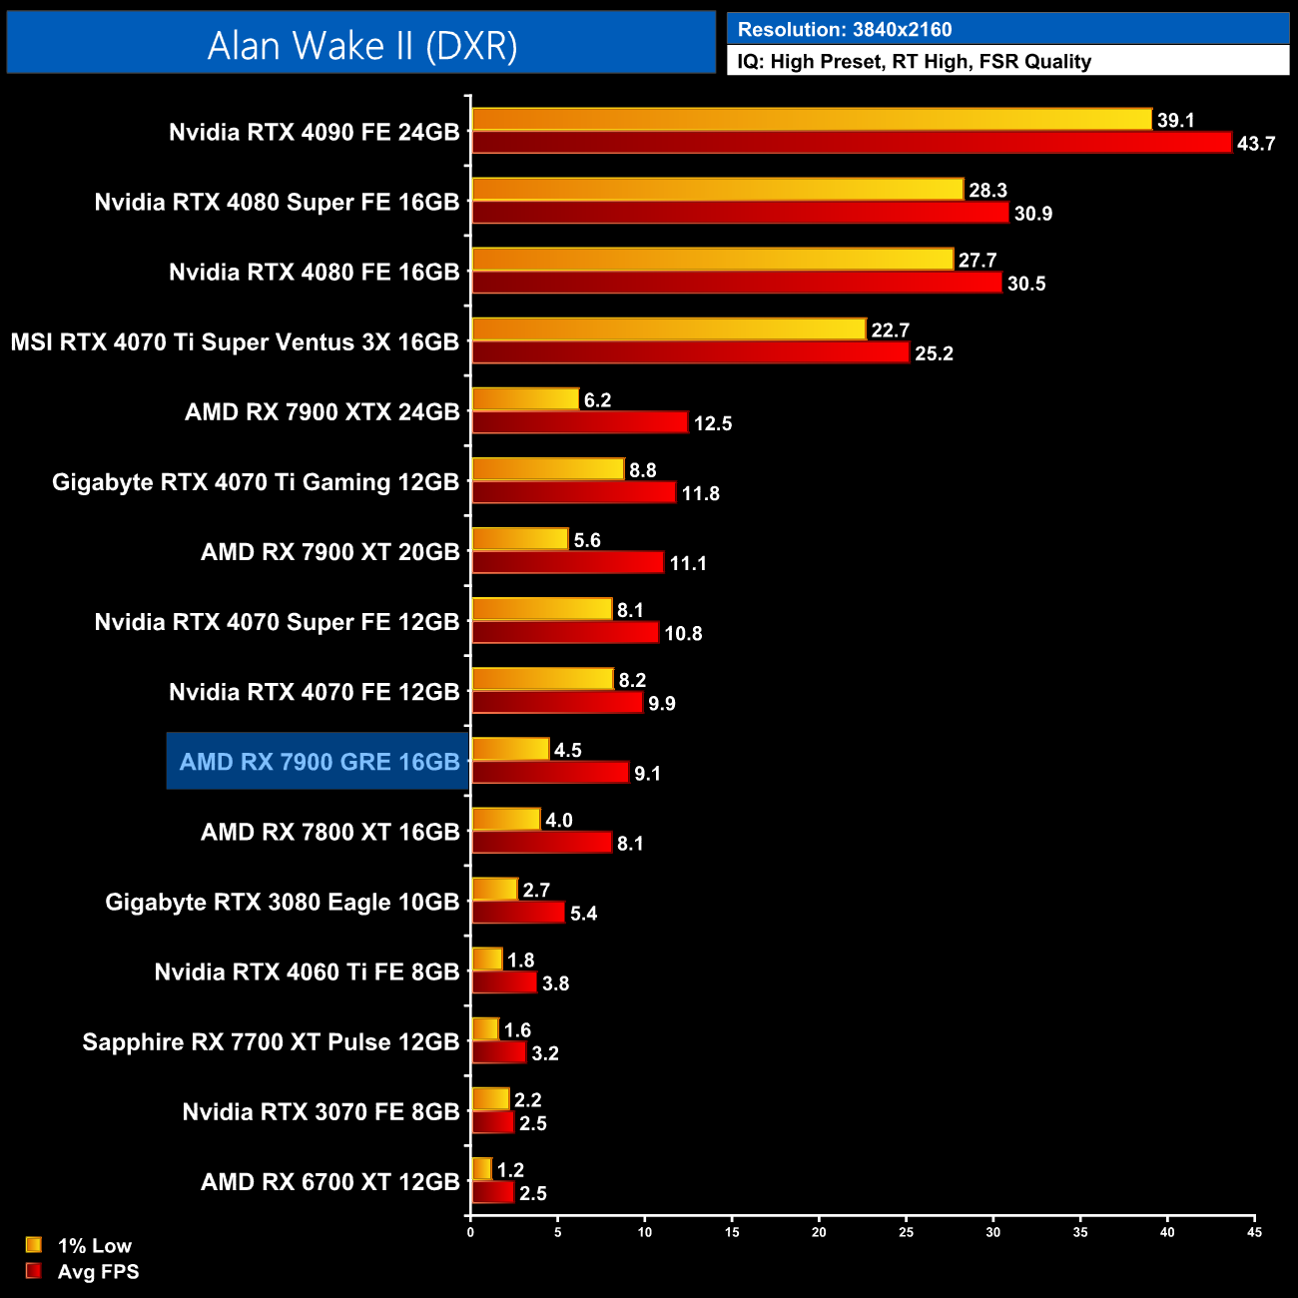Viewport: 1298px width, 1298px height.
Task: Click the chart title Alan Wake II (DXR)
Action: point(361,45)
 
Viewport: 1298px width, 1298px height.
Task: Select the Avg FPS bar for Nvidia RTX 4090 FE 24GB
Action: point(851,143)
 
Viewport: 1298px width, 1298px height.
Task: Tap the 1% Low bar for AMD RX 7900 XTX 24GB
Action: point(525,399)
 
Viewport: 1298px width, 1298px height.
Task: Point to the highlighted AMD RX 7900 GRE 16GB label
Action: point(319,762)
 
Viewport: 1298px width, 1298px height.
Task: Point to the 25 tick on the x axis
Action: point(906,1232)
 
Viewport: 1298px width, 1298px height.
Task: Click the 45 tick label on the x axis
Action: point(1254,1232)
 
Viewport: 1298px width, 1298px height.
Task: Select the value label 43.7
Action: point(1256,144)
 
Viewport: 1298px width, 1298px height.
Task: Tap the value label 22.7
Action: point(890,330)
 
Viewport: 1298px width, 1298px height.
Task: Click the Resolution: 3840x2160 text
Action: point(845,29)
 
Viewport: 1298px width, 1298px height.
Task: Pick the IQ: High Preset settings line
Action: point(914,61)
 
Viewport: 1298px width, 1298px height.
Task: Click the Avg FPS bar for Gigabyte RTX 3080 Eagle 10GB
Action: point(517,913)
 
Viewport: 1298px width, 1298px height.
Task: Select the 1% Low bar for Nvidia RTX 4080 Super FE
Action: point(717,190)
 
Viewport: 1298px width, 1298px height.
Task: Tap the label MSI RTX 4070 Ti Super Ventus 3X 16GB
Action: point(235,342)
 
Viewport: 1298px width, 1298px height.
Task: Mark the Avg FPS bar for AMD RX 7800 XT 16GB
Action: point(541,843)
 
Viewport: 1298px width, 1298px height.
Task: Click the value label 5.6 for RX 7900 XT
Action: point(587,540)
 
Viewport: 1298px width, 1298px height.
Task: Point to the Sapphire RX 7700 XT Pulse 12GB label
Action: point(271,1042)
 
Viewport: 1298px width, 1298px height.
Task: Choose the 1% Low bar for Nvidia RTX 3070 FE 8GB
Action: point(490,1099)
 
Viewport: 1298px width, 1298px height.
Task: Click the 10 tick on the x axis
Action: point(645,1232)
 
